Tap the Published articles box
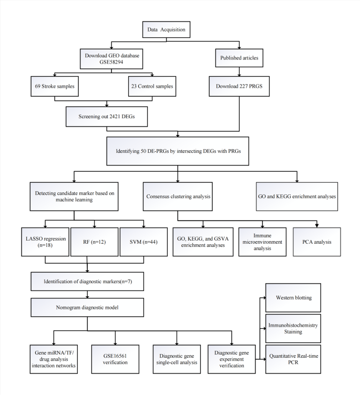(x=239, y=58)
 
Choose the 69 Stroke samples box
(x=54, y=86)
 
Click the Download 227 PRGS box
(x=239, y=86)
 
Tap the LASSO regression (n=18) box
(x=45, y=242)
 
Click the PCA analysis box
(x=316, y=242)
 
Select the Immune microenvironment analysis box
(x=262, y=242)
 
